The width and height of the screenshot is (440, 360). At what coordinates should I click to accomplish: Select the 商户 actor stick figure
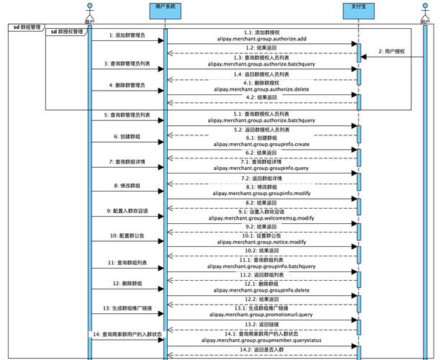click(90, 10)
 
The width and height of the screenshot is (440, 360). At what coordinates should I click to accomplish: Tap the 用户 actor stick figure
click(425, 10)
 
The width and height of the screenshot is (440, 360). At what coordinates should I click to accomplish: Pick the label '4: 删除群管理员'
click(127, 85)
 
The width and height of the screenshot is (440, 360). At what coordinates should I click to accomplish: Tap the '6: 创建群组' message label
click(127, 136)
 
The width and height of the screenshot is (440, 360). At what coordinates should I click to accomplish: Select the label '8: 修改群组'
click(127, 186)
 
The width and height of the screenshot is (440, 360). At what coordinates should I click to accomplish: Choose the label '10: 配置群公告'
click(127, 235)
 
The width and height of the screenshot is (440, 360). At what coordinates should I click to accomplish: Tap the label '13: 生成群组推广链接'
click(127, 308)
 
